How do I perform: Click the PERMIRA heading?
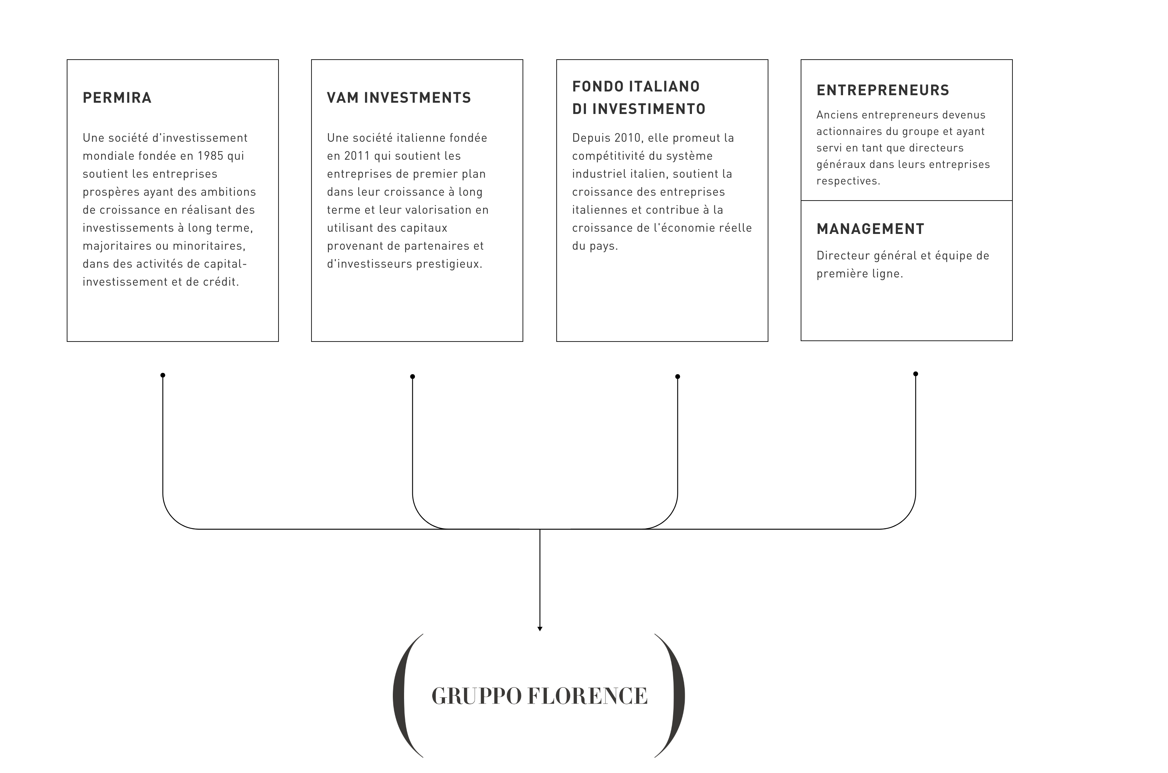(117, 97)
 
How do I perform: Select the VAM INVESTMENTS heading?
(399, 97)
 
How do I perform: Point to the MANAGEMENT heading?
(870, 229)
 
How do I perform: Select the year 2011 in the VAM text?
(357, 156)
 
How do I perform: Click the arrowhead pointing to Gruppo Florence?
(540, 629)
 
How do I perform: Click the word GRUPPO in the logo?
(476, 696)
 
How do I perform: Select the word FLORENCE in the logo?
(587, 696)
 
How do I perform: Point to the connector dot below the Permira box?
(163, 375)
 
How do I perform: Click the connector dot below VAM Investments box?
(412, 377)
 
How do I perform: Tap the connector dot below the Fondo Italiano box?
(678, 377)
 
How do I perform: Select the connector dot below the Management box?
(916, 374)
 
